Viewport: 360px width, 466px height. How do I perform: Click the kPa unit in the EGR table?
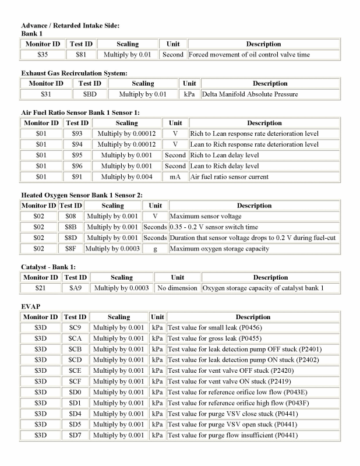coord(188,94)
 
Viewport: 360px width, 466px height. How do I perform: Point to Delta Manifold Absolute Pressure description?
coord(250,94)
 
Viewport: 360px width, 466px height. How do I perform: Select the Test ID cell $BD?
coord(90,94)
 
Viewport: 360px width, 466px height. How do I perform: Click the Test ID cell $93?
coord(76,134)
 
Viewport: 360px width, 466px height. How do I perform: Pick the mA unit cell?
coord(175,176)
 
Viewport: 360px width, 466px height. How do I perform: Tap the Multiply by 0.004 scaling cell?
coord(126,176)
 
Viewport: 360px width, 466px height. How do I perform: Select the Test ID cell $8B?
coord(70,227)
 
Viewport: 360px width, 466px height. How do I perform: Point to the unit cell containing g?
coord(155,249)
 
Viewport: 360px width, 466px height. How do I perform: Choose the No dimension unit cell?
coord(177,288)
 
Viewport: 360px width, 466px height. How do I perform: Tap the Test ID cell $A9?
coord(75,288)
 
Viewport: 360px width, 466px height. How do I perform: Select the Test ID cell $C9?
coord(75,328)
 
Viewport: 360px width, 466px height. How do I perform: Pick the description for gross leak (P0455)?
coord(215,338)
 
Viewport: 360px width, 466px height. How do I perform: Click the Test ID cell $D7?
coord(75,435)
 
